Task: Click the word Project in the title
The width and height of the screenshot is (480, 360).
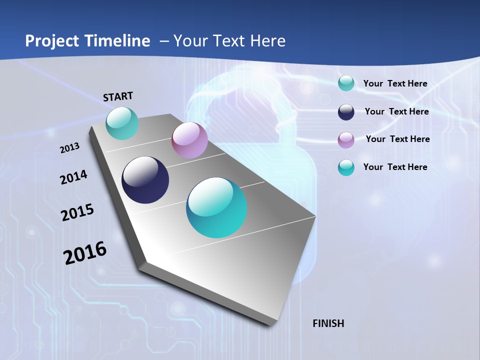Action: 49,41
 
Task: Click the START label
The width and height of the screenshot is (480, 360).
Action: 118,96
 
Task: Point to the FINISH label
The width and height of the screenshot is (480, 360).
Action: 328,323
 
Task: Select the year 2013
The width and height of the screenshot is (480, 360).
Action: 69,148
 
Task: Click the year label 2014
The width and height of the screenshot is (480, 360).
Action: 73,177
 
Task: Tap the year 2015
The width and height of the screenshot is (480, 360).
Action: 77,212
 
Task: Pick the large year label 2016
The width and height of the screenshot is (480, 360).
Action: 85,253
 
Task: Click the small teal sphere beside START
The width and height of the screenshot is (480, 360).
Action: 122,123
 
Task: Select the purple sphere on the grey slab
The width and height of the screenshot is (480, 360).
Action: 189,140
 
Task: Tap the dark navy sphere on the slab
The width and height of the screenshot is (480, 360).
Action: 145,180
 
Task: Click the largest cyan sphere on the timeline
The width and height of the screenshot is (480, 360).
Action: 216,207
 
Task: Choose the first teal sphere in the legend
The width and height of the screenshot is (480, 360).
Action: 346,83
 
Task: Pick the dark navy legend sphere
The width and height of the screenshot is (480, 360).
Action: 346,112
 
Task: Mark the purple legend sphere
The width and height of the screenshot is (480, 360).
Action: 346,140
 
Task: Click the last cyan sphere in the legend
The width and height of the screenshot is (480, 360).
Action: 346,167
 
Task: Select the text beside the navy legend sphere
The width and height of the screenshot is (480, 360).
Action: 396,111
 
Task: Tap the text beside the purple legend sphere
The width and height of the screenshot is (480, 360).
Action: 397,139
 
